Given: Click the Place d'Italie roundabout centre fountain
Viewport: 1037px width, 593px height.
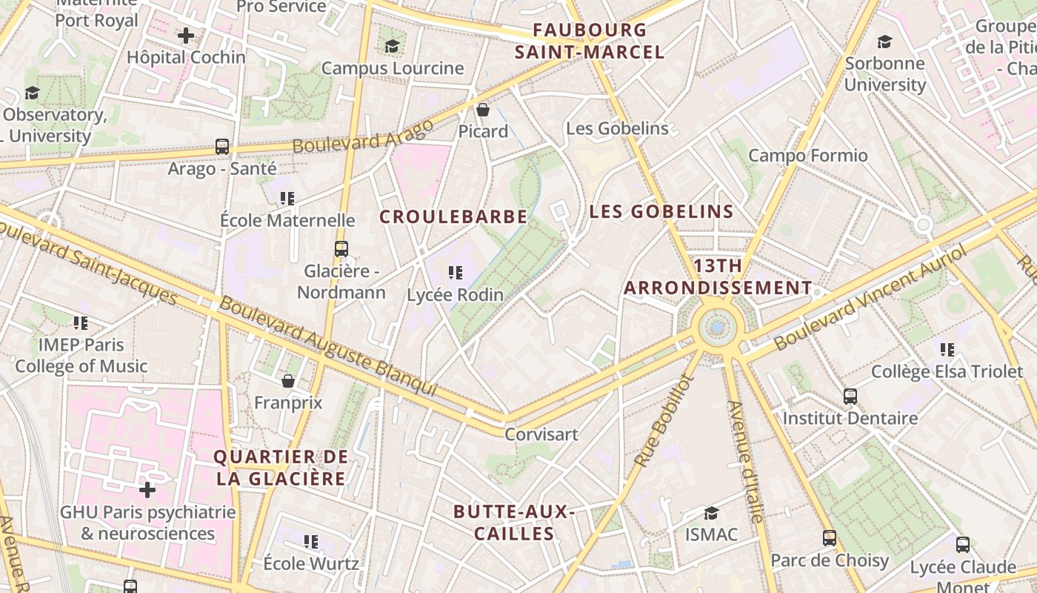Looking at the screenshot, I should (x=717, y=327).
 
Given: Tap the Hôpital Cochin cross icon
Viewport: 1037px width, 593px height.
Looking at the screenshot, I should (x=186, y=35).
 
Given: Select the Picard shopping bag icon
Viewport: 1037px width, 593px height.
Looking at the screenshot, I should (x=483, y=110).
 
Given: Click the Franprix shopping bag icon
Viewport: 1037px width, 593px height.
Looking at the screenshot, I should (x=288, y=381).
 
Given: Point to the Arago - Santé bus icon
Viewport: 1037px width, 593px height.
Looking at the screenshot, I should (x=221, y=146).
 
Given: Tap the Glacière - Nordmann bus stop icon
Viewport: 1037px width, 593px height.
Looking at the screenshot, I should (x=341, y=249).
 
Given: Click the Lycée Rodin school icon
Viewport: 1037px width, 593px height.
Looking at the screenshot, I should (x=456, y=273).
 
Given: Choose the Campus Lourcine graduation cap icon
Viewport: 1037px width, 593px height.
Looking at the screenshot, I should (x=392, y=47).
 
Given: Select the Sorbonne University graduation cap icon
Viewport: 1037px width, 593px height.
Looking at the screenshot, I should (x=884, y=42).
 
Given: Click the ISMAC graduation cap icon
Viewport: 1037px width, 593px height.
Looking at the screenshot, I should (x=711, y=513).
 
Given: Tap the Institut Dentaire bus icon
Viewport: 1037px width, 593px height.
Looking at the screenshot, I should (x=850, y=397).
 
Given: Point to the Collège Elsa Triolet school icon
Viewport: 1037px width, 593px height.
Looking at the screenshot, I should (x=947, y=349).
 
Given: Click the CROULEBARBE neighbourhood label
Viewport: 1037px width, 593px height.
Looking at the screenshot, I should (x=453, y=216).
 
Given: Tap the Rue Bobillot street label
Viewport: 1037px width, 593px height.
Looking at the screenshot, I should (x=663, y=421).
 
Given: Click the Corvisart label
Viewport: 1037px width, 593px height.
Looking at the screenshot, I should (x=541, y=434).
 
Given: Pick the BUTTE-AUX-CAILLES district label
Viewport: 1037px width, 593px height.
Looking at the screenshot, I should (x=514, y=523).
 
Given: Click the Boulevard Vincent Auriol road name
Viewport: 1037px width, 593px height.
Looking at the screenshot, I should (x=870, y=300).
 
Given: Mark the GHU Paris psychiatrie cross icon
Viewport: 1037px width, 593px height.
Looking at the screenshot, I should (x=147, y=490).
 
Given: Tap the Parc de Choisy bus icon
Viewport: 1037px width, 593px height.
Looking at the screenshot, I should (x=830, y=538).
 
